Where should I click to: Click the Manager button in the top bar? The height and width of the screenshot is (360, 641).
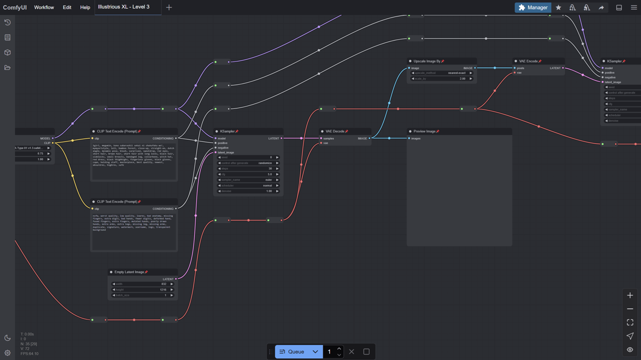533,7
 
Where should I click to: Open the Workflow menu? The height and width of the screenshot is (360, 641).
44,7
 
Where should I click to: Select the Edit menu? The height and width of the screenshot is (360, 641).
67,7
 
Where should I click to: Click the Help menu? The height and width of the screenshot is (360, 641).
85,7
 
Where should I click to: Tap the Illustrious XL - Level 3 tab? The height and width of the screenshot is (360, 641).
124,7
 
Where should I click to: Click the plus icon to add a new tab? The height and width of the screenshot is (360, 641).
169,7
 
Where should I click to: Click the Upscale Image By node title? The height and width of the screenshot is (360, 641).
427,61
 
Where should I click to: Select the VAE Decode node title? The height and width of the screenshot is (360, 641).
335,131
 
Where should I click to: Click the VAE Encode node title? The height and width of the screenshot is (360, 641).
528,61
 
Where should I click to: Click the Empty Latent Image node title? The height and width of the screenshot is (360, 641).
129,272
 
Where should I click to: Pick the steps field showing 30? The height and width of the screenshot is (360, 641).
248,169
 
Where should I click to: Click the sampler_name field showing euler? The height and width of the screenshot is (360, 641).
248,180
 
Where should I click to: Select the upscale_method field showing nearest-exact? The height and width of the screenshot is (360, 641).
442,73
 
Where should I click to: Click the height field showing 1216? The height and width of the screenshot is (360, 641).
142,289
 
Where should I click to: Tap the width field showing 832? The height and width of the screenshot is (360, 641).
142,284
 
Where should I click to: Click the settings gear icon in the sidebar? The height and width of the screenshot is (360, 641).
7,353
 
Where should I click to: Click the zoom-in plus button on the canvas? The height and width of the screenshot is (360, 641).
630,295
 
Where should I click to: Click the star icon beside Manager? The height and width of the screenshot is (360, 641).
558,7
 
